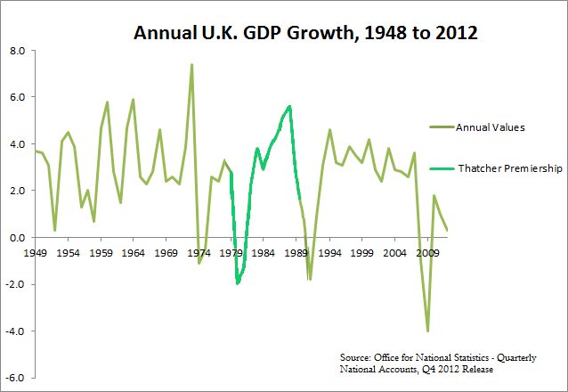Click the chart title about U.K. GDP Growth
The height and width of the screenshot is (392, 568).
pos(306,34)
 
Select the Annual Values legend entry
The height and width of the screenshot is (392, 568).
pos(490,127)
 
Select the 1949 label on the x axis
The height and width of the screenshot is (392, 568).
pos(37,253)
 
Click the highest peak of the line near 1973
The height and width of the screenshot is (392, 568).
pos(191,65)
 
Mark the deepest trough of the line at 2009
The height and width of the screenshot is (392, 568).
pos(427,331)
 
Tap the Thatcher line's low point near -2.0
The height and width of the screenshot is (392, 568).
pos(238,283)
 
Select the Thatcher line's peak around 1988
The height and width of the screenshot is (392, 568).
pos(289,106)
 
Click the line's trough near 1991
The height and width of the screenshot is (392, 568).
pos(310,279)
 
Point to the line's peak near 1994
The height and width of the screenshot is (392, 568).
pos(329,130)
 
